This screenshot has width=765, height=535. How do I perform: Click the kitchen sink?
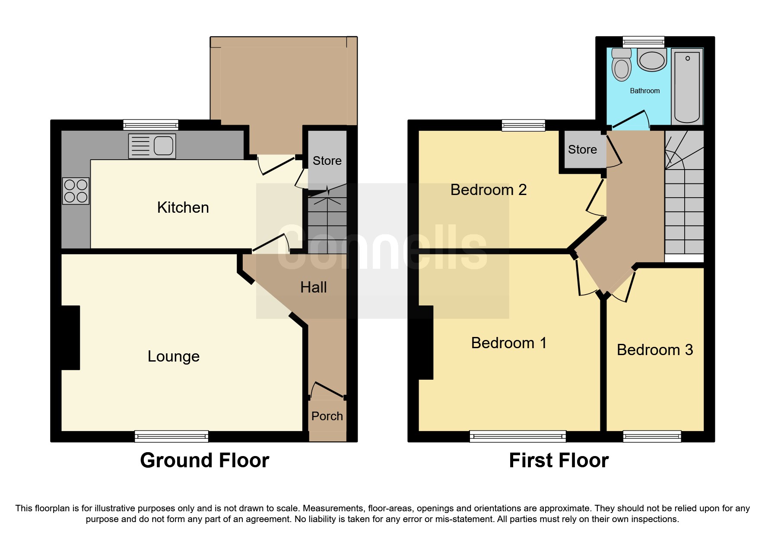coord(152,146)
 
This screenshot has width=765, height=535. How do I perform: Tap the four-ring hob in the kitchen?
coord(76,191)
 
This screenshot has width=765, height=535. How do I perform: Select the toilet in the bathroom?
coord(622,65)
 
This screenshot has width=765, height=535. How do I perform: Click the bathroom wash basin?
coord(652,60)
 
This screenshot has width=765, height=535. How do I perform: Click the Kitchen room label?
coord(183,208)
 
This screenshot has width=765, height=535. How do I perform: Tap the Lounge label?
coord(174,356)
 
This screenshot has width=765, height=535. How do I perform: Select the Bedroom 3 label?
coord(654,350)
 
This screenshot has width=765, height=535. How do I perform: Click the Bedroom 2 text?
coord(488,190)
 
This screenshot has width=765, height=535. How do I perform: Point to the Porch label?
coord(327,416)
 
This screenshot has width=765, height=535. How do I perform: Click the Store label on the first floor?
coord(582,150)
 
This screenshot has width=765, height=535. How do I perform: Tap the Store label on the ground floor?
coord(327,161)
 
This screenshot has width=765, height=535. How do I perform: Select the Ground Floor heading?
coord(204,460)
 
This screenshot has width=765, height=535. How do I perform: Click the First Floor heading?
coord(559,460)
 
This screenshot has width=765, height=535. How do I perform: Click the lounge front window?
coord(171,436)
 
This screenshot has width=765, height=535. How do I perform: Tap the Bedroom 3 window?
coord(652,436)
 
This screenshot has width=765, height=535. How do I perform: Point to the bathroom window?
coord(643,41)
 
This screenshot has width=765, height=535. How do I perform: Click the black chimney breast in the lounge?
coord(70,337)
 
